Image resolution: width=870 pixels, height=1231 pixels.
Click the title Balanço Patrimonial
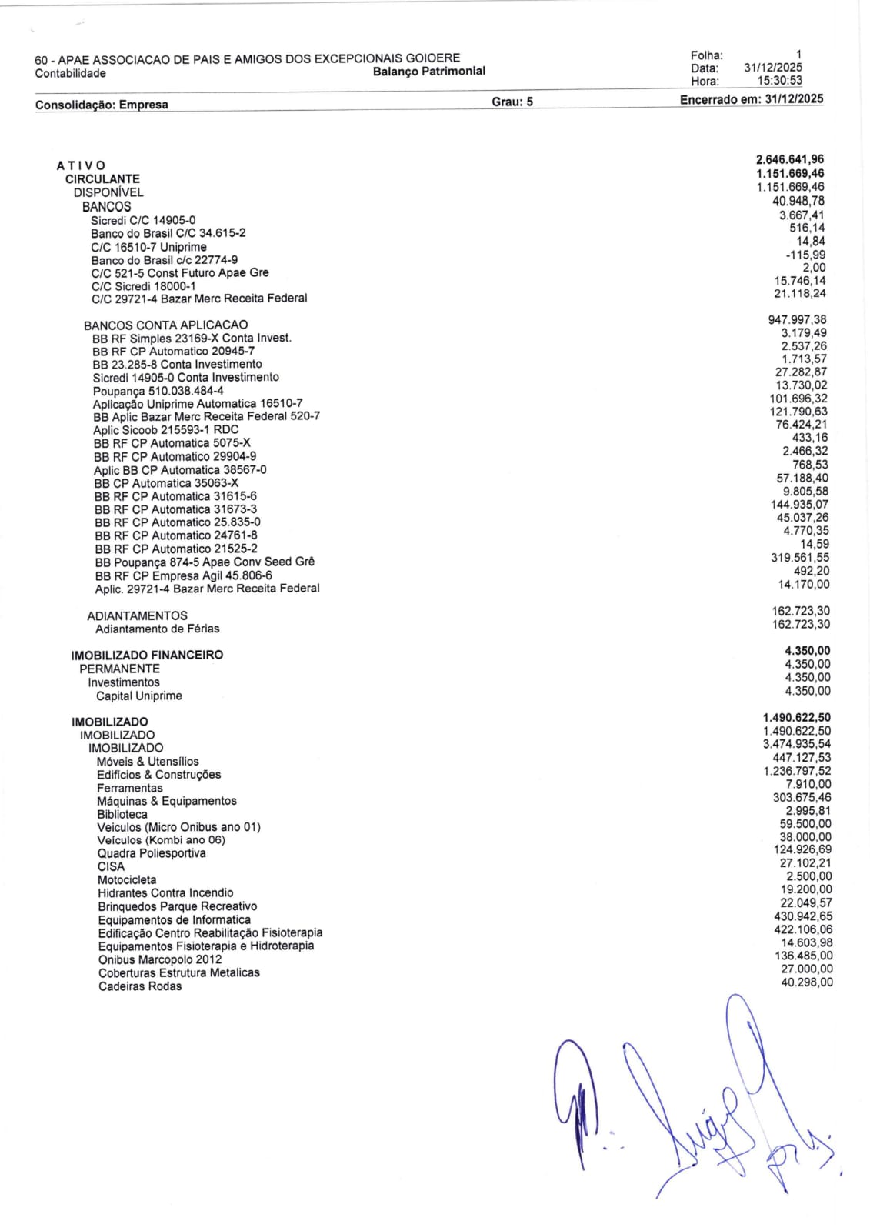[x=428, y=72]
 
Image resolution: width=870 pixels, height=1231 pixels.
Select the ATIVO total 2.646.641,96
[x=790, y=160]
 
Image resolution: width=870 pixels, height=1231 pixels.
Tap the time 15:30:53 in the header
[x=779, y=80]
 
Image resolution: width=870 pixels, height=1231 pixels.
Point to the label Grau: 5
[x=512, y=102]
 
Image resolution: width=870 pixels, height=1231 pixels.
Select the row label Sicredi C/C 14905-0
[x=143, y=220]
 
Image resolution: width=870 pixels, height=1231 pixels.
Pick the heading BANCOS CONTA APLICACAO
[x=165, y=325]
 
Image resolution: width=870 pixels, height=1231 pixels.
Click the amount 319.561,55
[x=800, y=558]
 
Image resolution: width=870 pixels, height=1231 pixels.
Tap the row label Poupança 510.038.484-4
[x=158, y=391]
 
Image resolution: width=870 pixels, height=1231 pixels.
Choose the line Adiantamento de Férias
[x=157, y=629]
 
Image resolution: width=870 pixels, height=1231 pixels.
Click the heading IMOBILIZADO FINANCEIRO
[x=147, y=655]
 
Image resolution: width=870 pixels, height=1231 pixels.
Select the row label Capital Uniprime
[x=139, y=696]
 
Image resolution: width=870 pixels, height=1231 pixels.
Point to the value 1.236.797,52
[x=797, y=771]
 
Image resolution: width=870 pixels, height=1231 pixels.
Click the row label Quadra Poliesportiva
[x=152, y=853]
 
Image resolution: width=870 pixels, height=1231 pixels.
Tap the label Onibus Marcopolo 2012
[x=160, y=959]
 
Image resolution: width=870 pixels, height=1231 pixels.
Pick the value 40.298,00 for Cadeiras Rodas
[x=806, y=982]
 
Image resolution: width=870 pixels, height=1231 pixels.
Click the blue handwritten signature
[x=692, y=1108]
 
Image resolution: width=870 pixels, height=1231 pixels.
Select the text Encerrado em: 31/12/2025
[x=752, y=99]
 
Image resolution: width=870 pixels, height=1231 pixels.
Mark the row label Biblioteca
[x=122, y=814]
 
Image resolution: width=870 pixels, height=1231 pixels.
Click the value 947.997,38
[x=797, y=319]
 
